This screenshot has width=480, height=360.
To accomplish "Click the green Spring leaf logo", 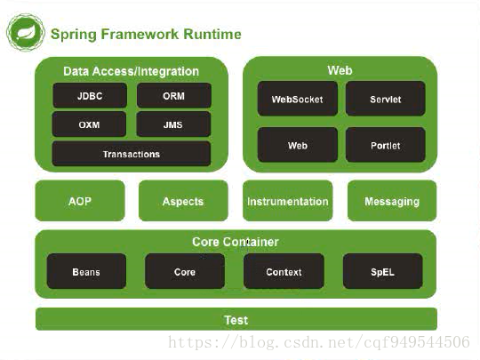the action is tap(26, 32).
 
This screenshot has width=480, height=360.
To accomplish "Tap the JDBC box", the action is tap(90, 95).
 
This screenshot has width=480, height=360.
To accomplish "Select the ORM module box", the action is tap(174, 95).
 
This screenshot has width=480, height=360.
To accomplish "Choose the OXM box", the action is tap(89, 124).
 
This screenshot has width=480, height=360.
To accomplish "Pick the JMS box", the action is tap(173, 124).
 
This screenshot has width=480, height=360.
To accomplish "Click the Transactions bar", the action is tap(132, 154).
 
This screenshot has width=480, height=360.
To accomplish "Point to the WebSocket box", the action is tap(298, 99).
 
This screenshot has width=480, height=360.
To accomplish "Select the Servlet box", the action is tap(386, 99).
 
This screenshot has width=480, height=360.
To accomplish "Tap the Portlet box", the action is tap(386, 145).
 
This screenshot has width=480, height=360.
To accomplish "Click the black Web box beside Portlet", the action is tap(298, 145).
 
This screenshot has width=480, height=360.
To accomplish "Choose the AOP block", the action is tap(80, 201).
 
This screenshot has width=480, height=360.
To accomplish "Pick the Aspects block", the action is tap(183, 201).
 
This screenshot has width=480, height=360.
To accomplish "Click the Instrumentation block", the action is tap(287, 201).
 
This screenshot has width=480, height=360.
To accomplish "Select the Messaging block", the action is tap(392, 201).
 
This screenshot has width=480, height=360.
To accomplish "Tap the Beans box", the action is tap(86, 271).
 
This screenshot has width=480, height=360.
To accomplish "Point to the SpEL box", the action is tap(382, 271).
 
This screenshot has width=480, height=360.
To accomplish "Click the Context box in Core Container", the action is tap(284, 271).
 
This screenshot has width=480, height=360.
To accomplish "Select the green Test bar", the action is tap(236, 319).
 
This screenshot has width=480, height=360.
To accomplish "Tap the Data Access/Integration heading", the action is tap(131, 71).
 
